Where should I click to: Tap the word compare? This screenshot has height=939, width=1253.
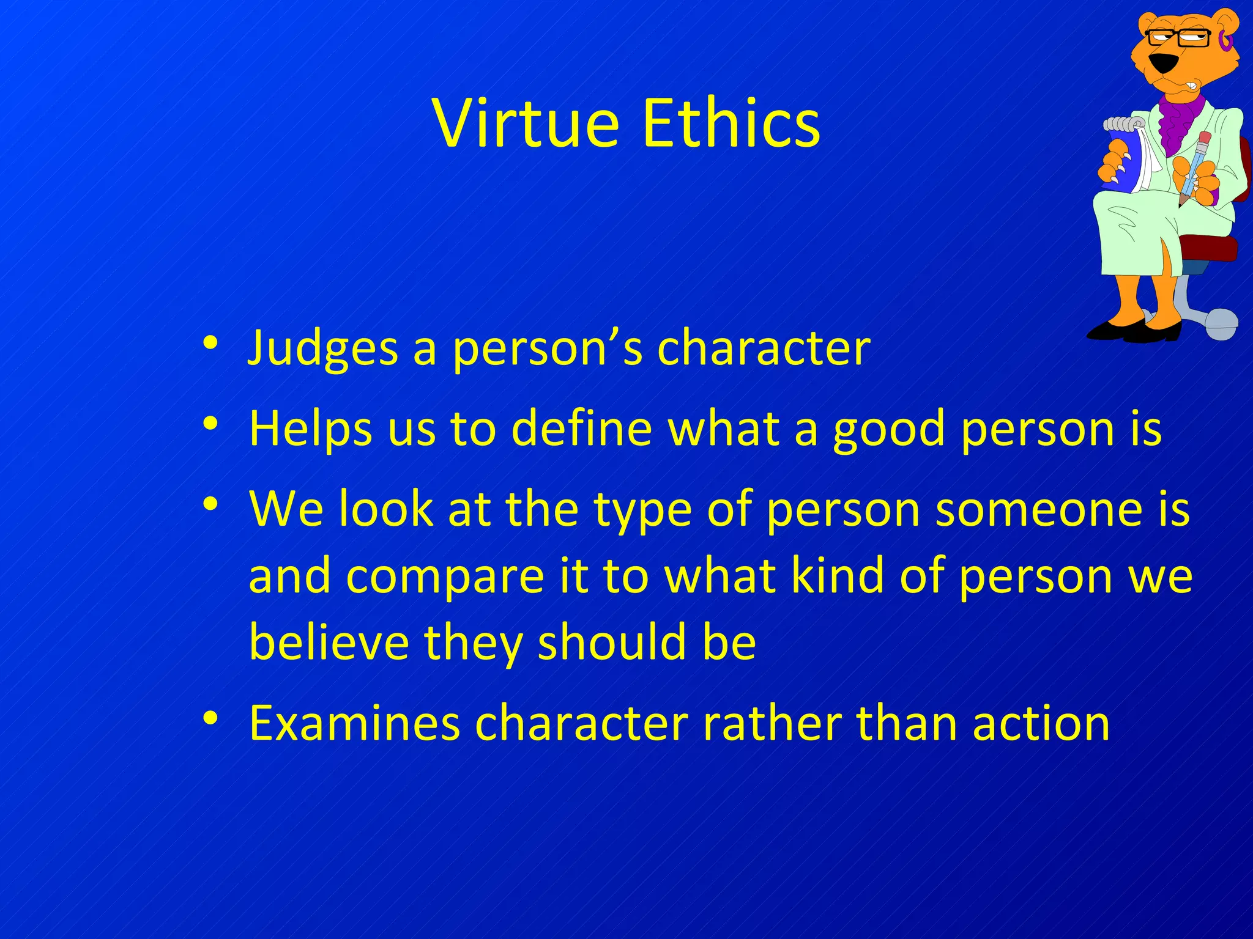tap(445, 578)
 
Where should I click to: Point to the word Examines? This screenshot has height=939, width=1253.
tap(354, 723)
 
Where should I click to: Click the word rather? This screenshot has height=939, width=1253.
tap(772, 723)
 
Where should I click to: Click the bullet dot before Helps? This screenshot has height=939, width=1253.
tap(210, 423)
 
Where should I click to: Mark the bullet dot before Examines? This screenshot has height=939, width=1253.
tap(210, 718)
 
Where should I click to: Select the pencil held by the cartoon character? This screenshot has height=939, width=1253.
tap(1194, 168)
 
